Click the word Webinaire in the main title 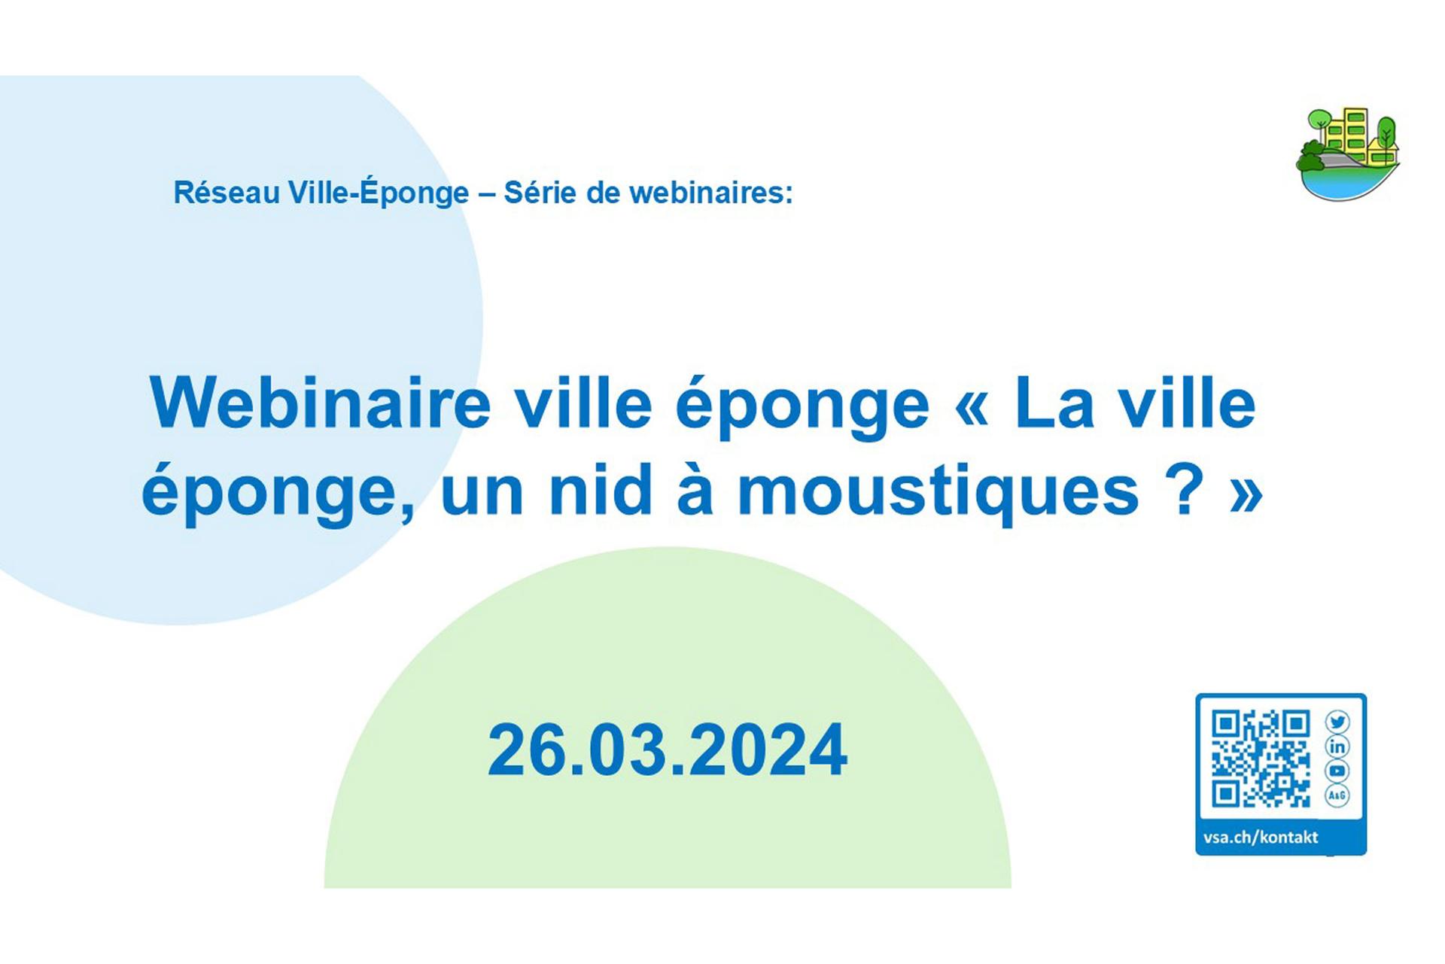321,404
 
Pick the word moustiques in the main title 938,493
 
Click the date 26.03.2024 668,750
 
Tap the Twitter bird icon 1337,722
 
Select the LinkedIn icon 1337,747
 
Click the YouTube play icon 1337,771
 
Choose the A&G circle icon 1337,795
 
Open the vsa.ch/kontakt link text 1261,838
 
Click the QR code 1261,759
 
